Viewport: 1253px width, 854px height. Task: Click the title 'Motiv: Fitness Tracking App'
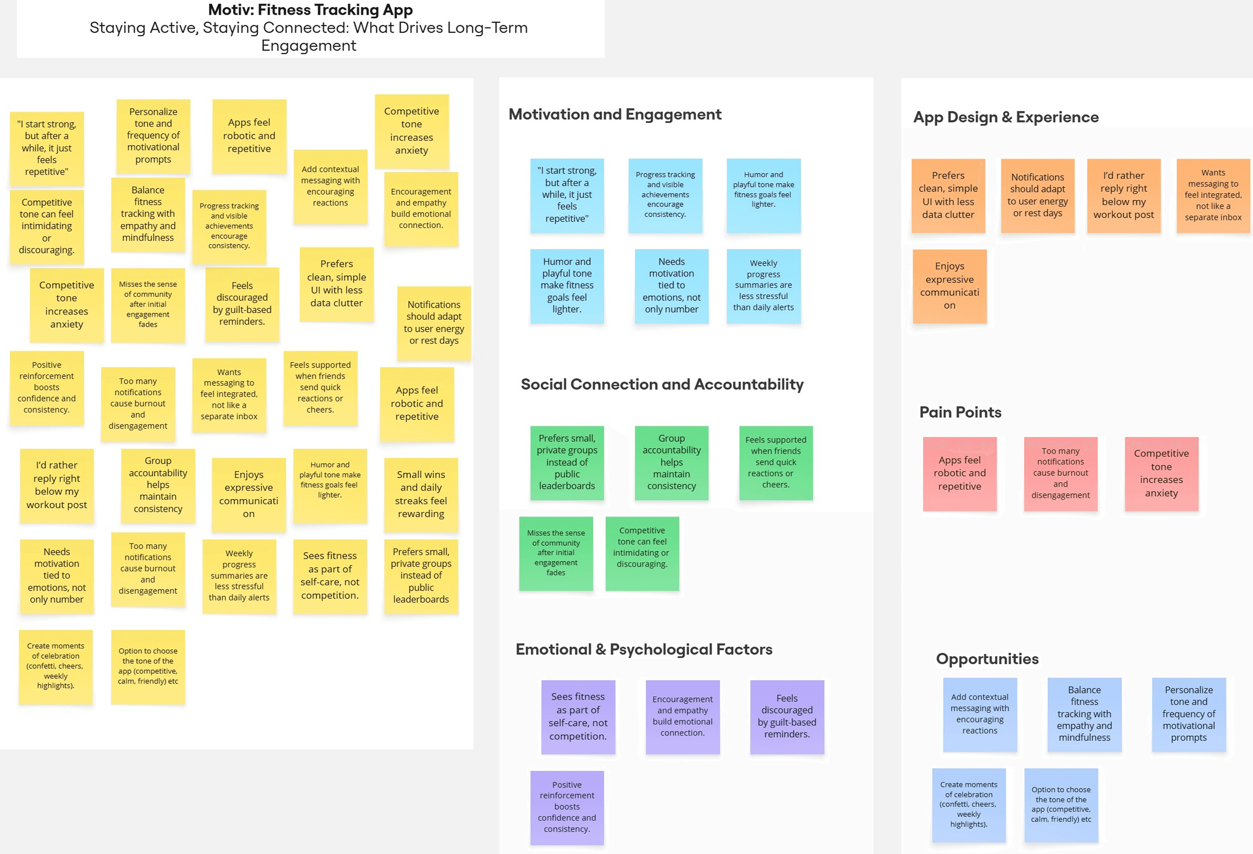point(310,10)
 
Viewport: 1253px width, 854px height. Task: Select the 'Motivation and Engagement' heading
point(615,115)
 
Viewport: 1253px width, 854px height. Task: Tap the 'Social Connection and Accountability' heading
point(662,384)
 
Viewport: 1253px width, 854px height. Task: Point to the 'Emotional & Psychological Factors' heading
point(644,649)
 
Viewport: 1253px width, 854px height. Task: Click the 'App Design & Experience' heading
point(1005,117)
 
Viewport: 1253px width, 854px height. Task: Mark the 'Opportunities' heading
point(987,659)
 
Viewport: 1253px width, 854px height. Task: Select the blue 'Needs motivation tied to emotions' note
point(671,286)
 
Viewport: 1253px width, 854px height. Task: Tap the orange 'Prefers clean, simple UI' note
point(948,195)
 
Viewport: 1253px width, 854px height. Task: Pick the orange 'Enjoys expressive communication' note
point(950,286)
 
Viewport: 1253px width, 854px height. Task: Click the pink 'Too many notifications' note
point(1060,473)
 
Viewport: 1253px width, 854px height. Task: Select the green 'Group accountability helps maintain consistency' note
point(671,462)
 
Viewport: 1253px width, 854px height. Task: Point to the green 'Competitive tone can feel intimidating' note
point(642,553)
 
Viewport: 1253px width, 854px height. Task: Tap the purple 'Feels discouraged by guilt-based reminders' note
point(787,716)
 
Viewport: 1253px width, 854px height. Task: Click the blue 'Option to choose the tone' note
point(1061,805)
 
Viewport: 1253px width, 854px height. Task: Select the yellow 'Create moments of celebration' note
point(55,666)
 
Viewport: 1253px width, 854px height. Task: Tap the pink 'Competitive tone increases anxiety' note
point(1161,473)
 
